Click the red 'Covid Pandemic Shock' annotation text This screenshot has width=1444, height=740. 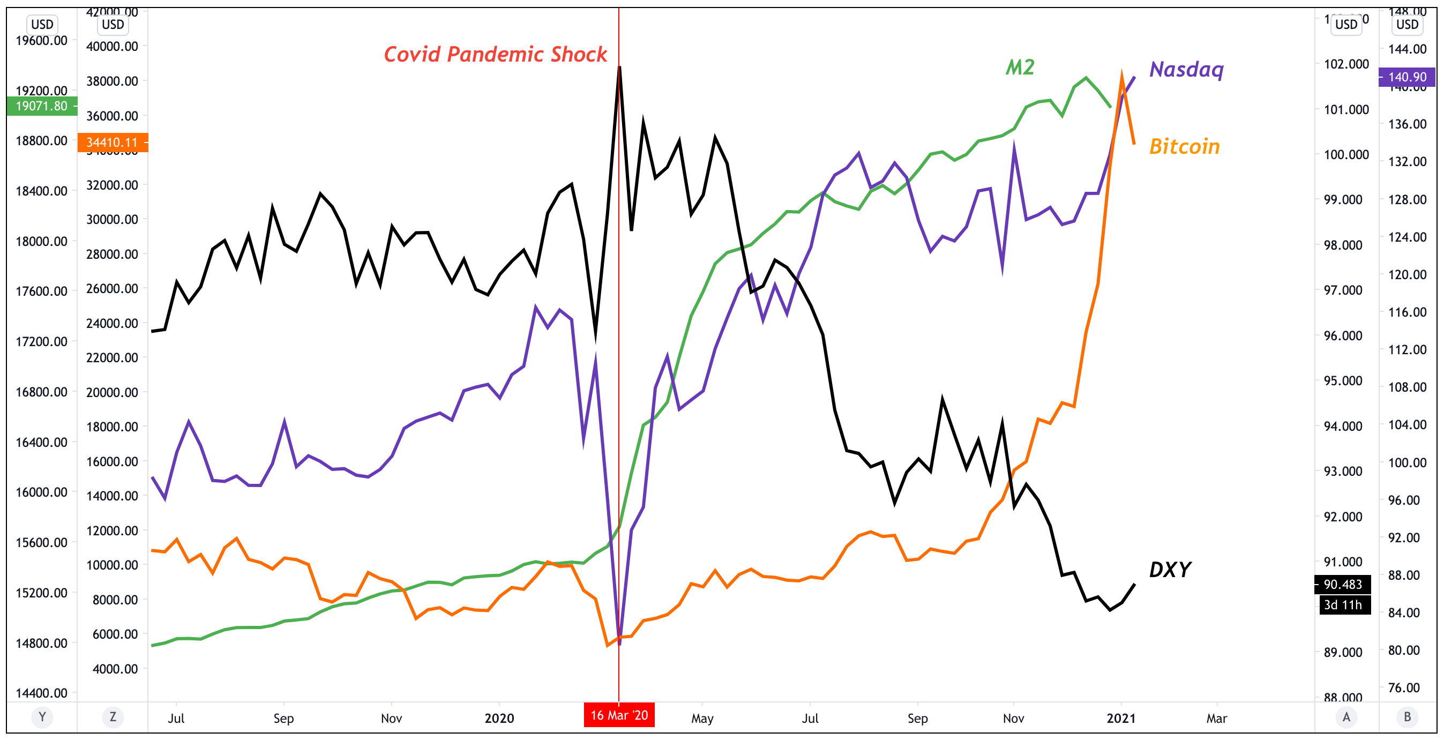[495, 54]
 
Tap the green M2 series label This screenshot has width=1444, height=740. [1020, 68]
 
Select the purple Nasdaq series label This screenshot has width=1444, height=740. [1186, 70]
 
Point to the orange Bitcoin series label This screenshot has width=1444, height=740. [1184, 146]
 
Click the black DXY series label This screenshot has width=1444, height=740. [1170, 570]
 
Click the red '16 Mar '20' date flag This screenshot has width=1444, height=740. [619, 715]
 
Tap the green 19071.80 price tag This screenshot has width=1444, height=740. [41, 106]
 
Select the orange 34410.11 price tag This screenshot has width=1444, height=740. [112, 143]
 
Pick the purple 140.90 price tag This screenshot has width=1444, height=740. [1407, 77]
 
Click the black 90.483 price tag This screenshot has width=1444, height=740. [1343, 584]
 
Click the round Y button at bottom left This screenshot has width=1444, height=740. [42, 717]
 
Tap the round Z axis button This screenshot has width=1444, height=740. [113, 717]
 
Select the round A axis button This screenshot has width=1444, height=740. [1346, 717]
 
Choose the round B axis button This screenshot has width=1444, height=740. [1407, 717]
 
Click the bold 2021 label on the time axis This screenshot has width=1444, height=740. [1120, 718]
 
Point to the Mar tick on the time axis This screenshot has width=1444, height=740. [1216, 718]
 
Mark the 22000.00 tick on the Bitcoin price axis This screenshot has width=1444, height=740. [112, 357]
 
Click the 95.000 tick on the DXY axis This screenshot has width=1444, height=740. [1343, 380]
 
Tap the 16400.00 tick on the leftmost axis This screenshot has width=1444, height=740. [41, 442]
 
